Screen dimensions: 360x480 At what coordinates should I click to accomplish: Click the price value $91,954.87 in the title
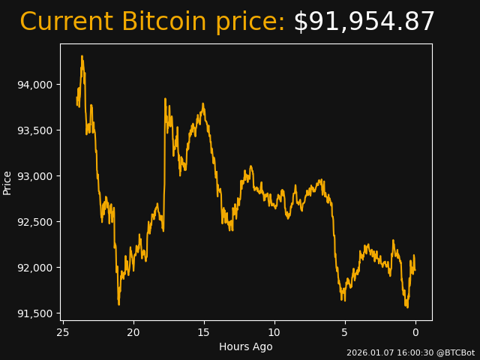click(364, 22)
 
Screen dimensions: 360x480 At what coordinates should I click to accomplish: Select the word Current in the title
click(67, 22)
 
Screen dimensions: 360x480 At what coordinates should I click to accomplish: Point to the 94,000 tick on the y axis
click(34, 85)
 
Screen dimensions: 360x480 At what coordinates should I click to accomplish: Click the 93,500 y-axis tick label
click(34, 130)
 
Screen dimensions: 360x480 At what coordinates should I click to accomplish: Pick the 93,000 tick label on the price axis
click(34, 176)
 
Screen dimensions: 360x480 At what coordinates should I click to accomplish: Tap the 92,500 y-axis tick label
click(34, 222)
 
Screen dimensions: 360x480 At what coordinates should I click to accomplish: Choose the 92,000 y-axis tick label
click(34, 268)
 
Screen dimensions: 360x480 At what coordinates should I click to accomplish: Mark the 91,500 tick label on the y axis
click(34, 313)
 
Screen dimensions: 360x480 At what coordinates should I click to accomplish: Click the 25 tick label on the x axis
click(63, 332)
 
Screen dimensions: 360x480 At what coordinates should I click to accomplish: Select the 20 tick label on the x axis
click(133, 332)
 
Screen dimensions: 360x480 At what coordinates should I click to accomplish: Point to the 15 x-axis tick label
click(204, 332)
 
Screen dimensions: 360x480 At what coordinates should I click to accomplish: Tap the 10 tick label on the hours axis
click(274, 332)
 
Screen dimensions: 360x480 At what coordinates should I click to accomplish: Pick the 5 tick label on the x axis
click(345, 332)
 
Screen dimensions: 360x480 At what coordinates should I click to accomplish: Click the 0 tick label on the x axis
click(415, 332)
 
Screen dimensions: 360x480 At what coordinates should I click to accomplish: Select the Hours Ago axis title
click(245, 346)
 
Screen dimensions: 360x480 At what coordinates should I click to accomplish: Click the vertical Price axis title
click(7, 182)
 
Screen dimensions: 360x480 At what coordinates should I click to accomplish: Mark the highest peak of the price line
click(82, 55)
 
